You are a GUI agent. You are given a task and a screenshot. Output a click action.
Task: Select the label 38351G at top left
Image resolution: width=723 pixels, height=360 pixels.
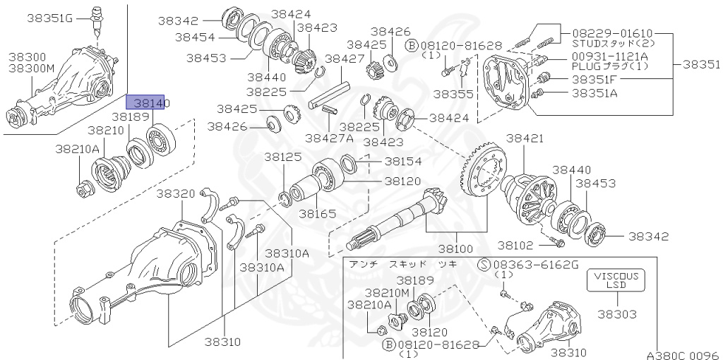pos(50,18)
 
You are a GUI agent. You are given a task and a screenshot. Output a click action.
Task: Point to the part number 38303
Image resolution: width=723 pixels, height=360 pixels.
pos(616,313)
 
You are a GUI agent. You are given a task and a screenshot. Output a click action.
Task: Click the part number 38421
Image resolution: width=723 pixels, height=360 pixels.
pos(523,139)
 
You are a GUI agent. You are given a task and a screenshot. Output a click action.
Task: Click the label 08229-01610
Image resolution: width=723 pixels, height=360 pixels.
pos(612,32)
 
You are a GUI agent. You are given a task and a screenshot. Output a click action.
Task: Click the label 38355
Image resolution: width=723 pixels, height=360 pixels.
pos(454,93)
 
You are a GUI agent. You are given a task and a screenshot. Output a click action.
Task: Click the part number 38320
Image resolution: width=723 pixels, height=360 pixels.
pos(175,193)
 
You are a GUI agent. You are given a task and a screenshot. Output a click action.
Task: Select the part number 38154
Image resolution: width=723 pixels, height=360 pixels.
pos(403,161)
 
